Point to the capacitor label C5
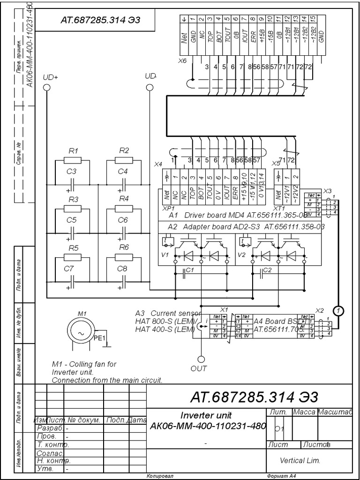click(x=71, y=220)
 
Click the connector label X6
click(x=182, y=61)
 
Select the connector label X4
click(x=158, y=165)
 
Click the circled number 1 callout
click(x=338, y=310)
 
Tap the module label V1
click(x=165, y=255)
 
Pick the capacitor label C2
click(x=268, y=270)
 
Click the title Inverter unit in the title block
click(x=206, y=415)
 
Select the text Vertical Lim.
click(x=300, y=461)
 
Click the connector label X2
click(x=320, y=310)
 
